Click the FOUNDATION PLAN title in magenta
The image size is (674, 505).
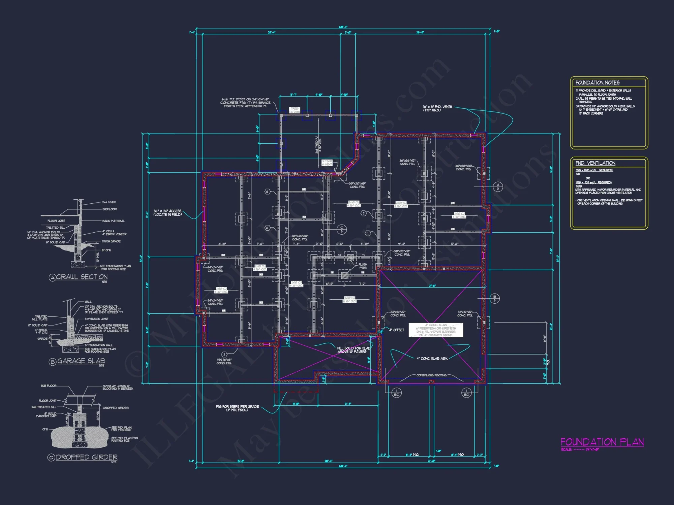602,442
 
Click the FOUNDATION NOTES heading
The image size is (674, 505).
597,82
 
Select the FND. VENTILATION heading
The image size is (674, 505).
595,163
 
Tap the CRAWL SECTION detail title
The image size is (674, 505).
82,277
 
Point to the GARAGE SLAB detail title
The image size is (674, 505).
81,361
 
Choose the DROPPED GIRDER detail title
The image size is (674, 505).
86,457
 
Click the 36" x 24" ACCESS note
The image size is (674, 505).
167,213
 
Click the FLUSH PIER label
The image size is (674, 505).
363,266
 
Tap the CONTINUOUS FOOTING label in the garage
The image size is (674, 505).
431,375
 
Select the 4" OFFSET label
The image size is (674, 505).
396,330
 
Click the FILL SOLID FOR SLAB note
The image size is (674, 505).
354,350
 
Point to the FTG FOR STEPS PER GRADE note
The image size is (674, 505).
237,408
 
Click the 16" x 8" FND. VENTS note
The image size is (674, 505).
437,108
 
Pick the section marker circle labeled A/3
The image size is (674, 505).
498,186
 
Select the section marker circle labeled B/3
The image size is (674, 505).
494,298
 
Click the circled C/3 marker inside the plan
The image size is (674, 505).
341,230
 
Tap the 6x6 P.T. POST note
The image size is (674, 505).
245,103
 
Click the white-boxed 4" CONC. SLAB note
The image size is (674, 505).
436,330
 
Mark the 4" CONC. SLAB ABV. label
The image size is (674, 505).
432,359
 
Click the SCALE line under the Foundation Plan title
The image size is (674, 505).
580,449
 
